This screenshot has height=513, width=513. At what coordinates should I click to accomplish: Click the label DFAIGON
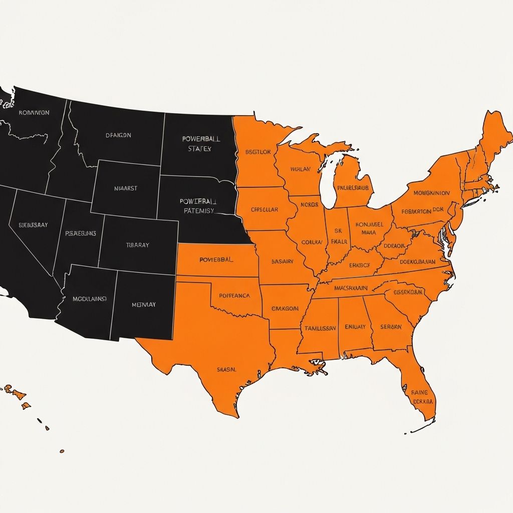(x=119, y=135)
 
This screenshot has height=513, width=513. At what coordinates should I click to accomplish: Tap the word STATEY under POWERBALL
(x=200, y=149)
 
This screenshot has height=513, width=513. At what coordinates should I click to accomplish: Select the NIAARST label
(x=126, y=189)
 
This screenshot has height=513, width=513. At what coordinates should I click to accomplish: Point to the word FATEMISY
(x=199, y=211)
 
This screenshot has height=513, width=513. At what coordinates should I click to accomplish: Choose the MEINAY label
(x=144, y=304)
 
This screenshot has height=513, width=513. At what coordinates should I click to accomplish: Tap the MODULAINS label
(x=90, y=299)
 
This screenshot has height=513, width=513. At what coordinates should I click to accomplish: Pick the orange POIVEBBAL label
(x=216, y=260)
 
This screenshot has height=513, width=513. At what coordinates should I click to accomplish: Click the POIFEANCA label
(x=234, y=296)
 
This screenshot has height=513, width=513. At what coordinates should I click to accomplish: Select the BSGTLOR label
(x=258, y=152)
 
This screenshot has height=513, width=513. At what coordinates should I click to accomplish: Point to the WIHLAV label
(x=300, y=169)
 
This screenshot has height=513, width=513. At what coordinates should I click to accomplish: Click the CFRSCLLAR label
(x=265, y=209)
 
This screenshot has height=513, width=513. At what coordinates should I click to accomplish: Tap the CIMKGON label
(x=285, y=309)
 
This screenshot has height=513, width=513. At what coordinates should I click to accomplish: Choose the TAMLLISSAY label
(x=320, y=328)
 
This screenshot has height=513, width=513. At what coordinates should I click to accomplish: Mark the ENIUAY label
(x=355, y=327)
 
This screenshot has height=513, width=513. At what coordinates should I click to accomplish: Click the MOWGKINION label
(x=431, y=193)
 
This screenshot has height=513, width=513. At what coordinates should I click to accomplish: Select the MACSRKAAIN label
(x=344, y=288)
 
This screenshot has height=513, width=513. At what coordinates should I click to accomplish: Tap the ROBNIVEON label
(x=34, y=113)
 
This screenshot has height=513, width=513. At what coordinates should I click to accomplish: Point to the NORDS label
(x=309, y=205)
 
